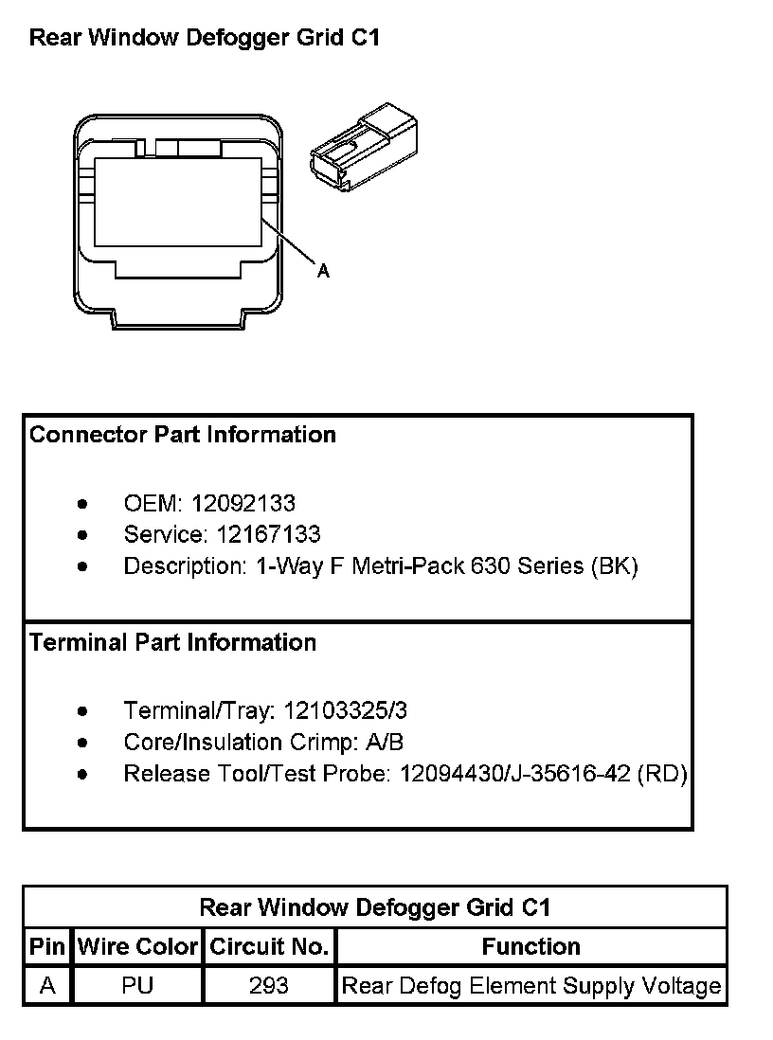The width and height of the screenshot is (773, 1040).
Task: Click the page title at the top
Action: [205, 38]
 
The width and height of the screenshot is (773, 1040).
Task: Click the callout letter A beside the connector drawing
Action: [323, 271]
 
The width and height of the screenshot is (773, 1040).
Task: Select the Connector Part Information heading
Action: [183, 435]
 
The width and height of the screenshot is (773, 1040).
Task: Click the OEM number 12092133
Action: [243, 503]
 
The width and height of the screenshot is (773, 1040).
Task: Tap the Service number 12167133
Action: [269, 534]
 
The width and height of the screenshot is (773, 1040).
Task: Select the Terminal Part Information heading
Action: [172, 642]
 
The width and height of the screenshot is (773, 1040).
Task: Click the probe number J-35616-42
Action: [570, 774]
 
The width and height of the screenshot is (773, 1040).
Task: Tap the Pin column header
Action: [47, 946]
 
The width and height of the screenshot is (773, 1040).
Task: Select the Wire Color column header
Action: [137, 946]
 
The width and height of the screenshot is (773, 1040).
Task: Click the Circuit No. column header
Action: [269, 946]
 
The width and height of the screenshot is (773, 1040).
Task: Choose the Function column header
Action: [530, 946]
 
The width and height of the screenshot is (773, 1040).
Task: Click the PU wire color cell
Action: [137, 986]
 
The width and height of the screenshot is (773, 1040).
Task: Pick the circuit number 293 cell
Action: [269, 986]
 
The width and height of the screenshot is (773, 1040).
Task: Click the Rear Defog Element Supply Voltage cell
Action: [530, 986]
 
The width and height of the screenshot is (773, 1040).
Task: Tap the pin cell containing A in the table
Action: [47, 986]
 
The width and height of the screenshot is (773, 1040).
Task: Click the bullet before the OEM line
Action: [84, 504]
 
